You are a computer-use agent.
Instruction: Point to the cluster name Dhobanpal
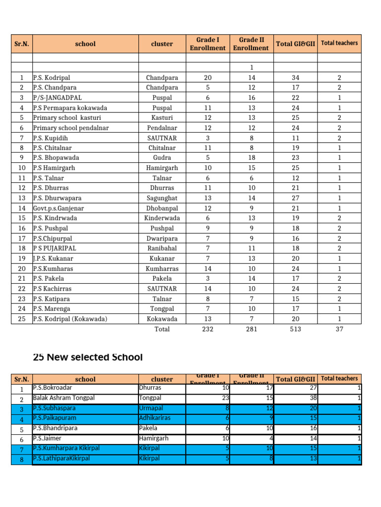point(162,208)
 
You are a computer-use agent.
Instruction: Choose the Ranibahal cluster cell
point(162,248)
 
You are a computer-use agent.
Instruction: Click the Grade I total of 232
point(207,329)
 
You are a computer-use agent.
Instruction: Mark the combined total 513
point(295,329)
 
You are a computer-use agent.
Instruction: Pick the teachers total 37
point(339,329)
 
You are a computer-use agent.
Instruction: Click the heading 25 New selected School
point(88,357)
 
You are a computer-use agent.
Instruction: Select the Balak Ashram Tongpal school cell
point(63,398)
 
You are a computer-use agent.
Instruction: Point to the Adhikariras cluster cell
point(155,418)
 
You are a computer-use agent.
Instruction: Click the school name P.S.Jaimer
point(48,438)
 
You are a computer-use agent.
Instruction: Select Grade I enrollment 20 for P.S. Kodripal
point(207,78)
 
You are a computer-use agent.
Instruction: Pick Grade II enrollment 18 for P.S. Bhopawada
point(252,157)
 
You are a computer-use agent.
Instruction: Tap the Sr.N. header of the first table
point(22,44)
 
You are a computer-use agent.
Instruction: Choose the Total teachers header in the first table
point(339,43)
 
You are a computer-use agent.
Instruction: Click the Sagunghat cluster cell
point(162,198)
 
